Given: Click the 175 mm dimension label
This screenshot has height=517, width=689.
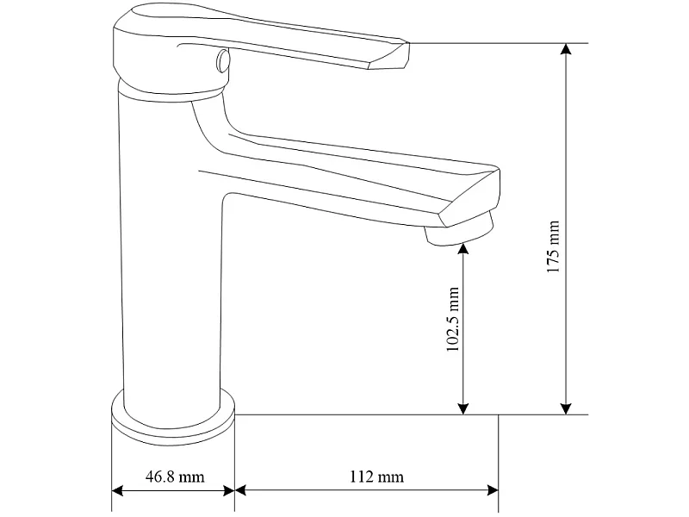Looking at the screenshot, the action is coord(553,246).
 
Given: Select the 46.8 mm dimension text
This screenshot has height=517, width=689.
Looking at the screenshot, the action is coord(175,477).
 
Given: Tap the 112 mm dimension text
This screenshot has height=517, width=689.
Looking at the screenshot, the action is coord(376,477).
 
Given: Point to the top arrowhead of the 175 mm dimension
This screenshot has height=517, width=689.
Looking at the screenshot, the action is coord(567,49).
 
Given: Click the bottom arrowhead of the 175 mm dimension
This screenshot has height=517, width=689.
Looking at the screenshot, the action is coord(567,408).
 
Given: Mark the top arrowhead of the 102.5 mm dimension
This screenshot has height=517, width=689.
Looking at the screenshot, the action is coord(462,249).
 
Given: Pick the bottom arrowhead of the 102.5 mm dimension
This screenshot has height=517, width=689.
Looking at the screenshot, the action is coord(462,408).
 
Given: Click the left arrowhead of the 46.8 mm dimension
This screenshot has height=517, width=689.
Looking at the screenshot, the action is coord(117,490).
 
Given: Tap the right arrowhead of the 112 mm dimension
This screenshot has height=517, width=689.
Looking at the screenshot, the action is coord(493,490).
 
